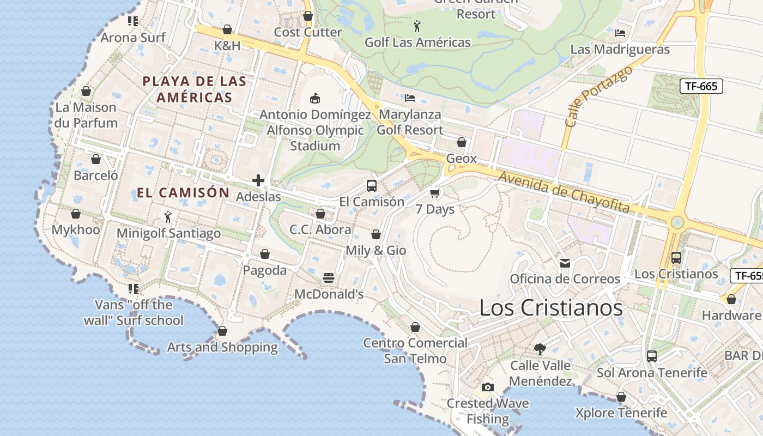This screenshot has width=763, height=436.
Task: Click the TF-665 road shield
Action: coord(701,86)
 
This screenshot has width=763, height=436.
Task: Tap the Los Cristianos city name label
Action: coord(550,308)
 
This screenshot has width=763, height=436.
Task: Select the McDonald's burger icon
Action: coord(328,278)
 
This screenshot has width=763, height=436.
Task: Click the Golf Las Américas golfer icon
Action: coord(417,26)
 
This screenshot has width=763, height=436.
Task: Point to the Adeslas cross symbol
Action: coord(258,180)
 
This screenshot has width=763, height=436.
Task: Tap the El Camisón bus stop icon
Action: coord(372,185)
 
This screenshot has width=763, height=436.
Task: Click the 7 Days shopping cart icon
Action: coord(434,193)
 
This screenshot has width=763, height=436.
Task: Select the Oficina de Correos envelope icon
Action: coord(565,263)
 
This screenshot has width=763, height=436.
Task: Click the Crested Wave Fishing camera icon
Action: coord(488,387)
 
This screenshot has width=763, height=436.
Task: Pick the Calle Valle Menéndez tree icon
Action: coord(540,349)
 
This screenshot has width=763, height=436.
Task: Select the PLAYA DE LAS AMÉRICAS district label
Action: coord(194,89)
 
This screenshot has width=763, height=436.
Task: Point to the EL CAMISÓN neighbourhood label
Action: coord(183,192)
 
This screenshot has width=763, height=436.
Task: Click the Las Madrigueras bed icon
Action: coord(620,33)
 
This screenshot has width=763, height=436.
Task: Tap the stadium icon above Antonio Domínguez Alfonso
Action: coord(314,98)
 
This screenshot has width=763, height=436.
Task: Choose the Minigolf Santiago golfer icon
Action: coord(168,217)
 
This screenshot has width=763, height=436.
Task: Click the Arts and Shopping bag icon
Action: coord(222,331)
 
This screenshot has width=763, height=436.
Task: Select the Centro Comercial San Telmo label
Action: coord(415,350)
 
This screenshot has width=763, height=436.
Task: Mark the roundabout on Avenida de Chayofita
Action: coord(677,222)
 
